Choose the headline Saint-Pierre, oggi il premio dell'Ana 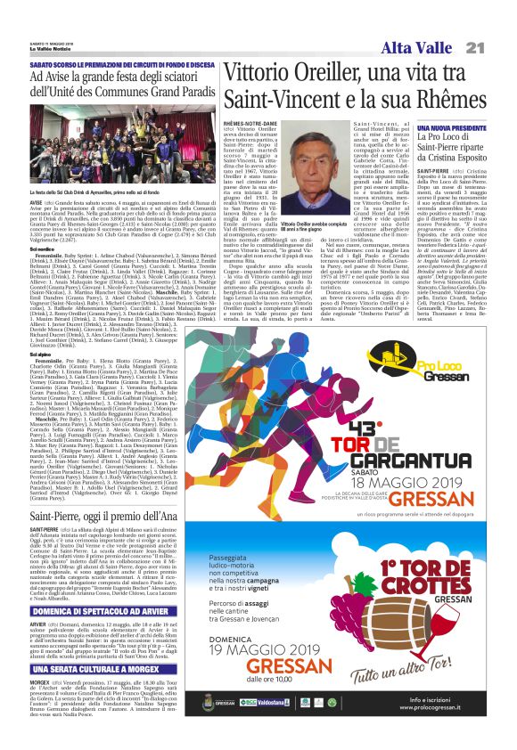point(111,516)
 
